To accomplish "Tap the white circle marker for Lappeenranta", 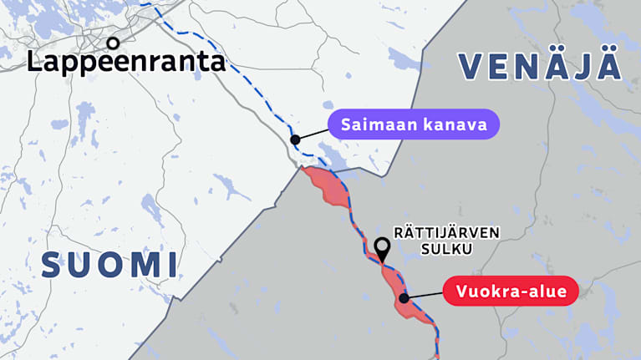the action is tap(113, 41).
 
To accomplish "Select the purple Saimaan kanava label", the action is tap(414, 125).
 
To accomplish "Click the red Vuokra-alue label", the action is tap(511, 292).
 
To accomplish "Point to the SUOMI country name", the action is tap(109, 265).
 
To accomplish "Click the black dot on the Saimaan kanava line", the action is tap(294, 139).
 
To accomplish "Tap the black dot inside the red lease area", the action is tap(404, 297).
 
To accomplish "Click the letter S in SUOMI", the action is tap(53, 265).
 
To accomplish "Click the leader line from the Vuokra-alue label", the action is tap(424, 294).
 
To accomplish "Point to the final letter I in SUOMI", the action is tap(171, 265).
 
